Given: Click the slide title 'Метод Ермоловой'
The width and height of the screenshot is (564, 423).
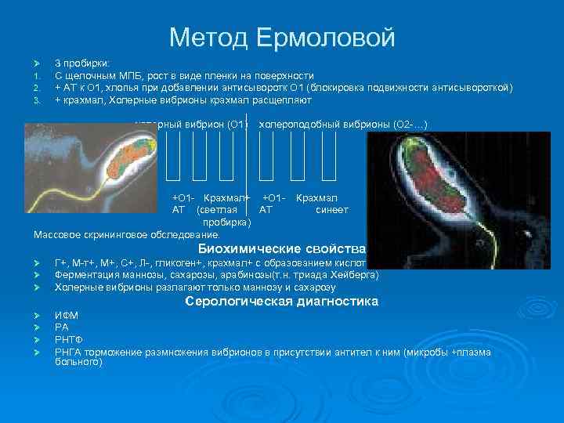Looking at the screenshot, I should pyautogui.click(x=282, y=36).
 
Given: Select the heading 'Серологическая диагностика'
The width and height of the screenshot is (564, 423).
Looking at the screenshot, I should pyautogui.click(x=281, y=302).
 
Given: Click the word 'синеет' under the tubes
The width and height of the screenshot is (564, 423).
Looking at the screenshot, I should pyautogui.click(x=331, y=210).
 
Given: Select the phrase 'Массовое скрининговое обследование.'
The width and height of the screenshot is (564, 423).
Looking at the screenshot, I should pyautogui.click(x=128, y=234).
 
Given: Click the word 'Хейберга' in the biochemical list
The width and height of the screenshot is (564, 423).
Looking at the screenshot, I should pyautogui.click(x=358, y=275).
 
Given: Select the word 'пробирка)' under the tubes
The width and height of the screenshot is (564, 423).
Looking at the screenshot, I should pyautogui.click(x=226, y=222).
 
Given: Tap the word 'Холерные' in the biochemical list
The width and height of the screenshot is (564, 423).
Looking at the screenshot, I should pyautogui.click(x=75, y=287).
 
